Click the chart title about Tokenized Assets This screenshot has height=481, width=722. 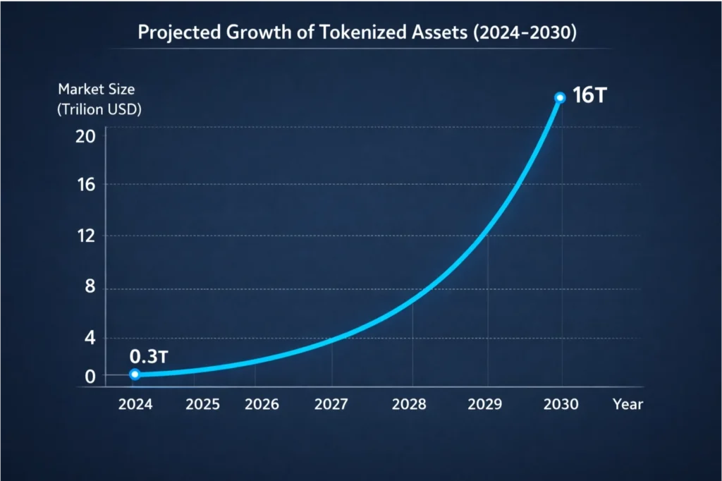(x=361, y=33)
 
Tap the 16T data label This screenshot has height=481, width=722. (x=589, y=97)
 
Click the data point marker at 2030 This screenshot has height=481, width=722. (x=560, y=97)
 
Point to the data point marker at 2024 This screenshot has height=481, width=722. (x=135, y=375)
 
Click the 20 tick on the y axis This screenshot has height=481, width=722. (x=85, y=135)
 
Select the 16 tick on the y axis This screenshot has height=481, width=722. (x=85, y=185)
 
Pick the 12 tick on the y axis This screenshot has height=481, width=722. (x=85, y=236)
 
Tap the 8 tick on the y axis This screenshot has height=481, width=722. (x=89, y=288)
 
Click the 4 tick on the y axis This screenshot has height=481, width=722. (x=89, y=339)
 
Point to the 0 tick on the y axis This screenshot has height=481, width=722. (x=89, y=377)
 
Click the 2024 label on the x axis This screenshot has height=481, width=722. (x=135, y=405)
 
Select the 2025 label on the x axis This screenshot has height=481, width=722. (x=202, y=405)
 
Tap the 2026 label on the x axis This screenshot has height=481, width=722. (x=262, y=405)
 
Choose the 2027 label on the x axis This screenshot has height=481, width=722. (x=331, y=405)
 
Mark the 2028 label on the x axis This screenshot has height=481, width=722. (x=409, y=405)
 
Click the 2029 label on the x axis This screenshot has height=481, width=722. (x=485, y=405)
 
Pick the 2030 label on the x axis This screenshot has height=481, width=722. (x=561, y=405)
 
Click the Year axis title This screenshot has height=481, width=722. (x=628, y=405)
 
